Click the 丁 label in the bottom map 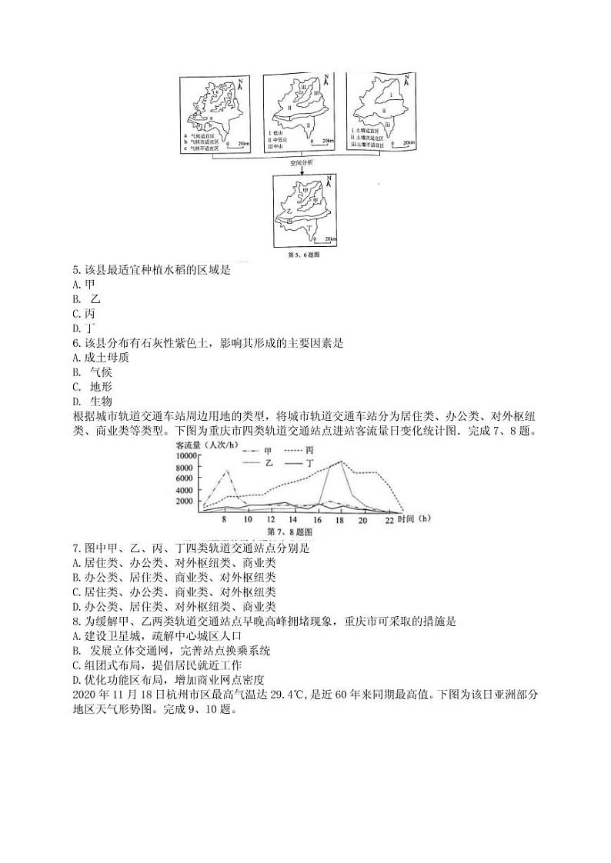309,229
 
